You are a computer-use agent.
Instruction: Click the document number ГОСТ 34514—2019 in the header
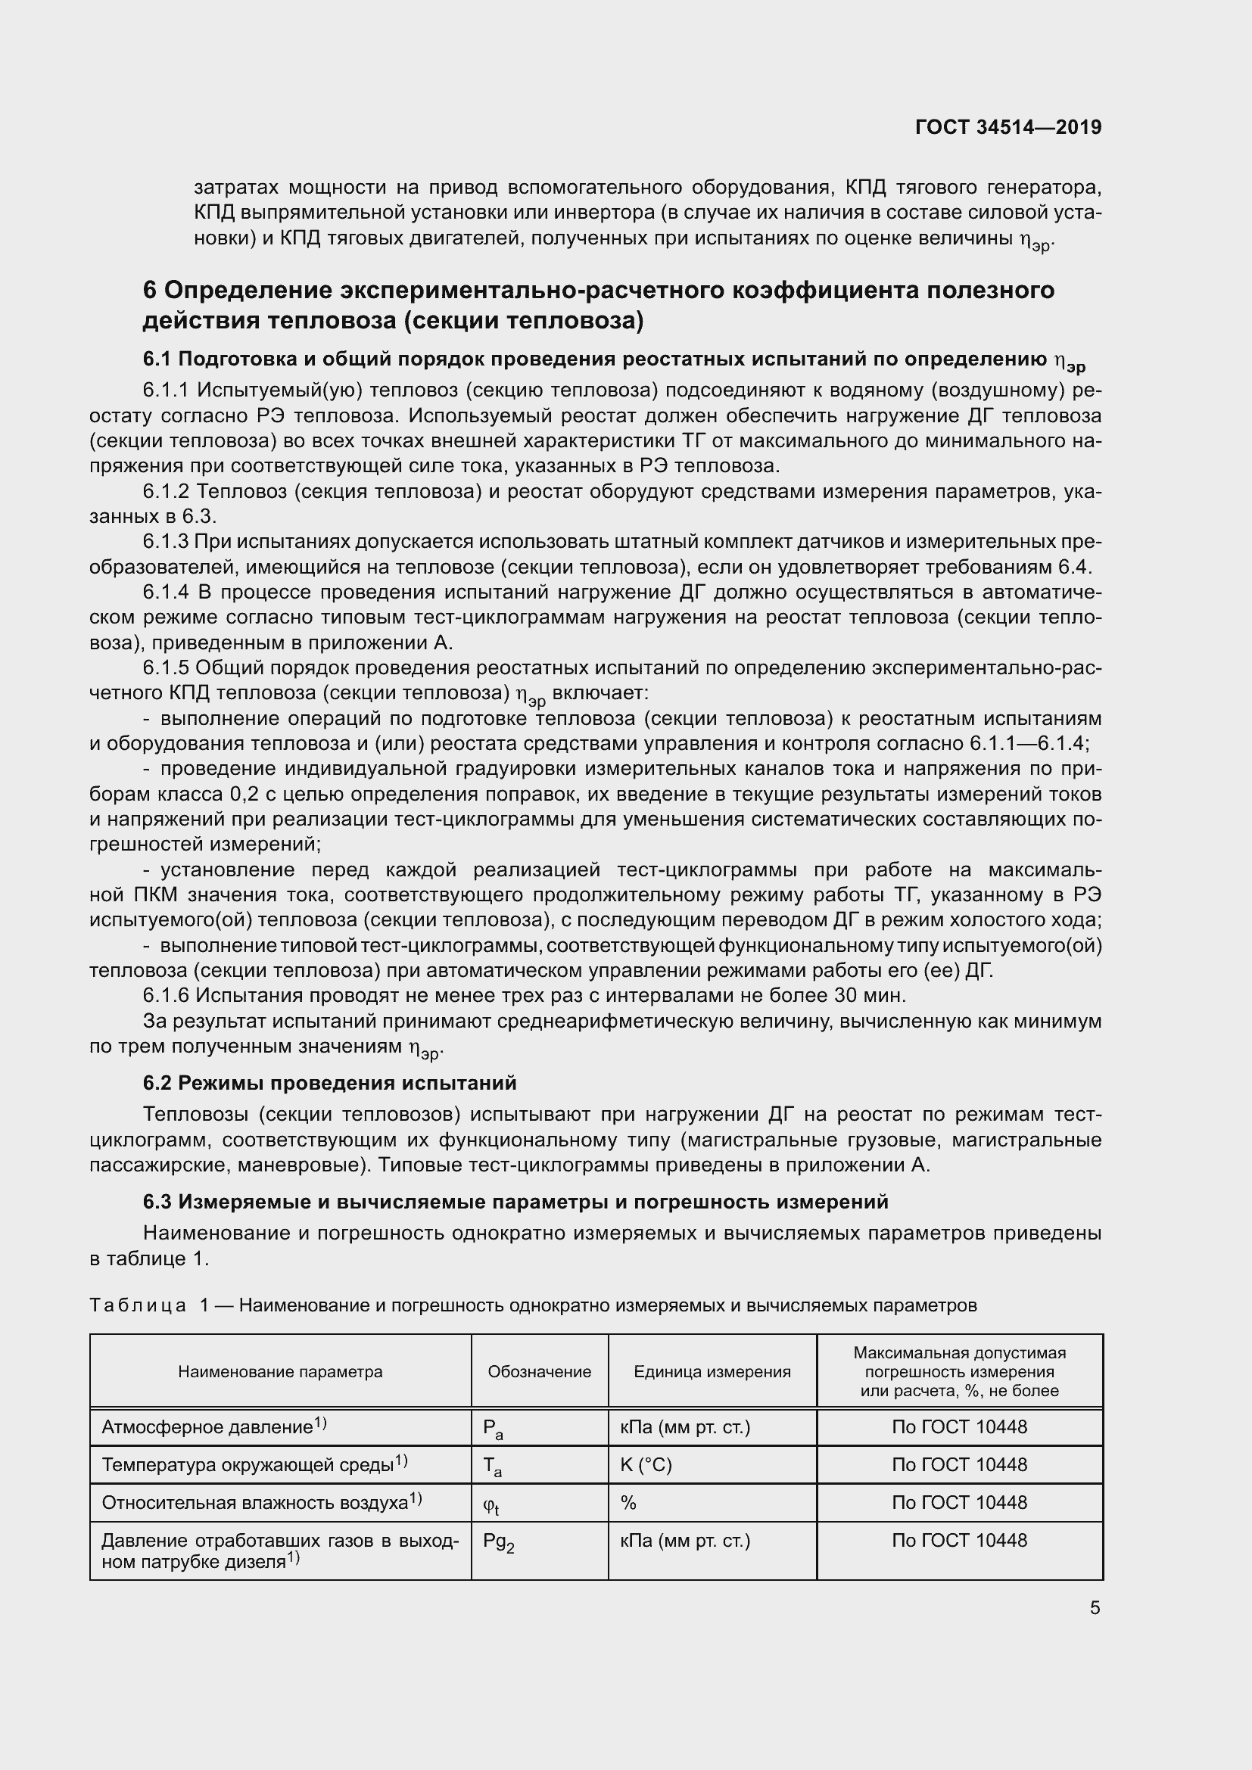pos(1008,127)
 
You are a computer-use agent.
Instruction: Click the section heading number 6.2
pos(158,1083)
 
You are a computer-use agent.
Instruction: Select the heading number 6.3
pos(158,1202)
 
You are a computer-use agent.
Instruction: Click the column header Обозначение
pos(539,1371)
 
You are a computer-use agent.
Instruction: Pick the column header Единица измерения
pos(712,1371)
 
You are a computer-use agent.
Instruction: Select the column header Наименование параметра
pos(280,1371)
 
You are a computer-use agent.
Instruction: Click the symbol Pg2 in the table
pos(498,1541)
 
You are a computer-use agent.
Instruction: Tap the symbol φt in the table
pos(491,1504)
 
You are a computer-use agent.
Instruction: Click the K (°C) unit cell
pos(645,1465)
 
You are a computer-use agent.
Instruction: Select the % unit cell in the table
pos(628,1503)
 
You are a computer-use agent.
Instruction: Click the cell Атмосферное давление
pos(207,1427)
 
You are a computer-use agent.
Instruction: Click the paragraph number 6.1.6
pos(166,996)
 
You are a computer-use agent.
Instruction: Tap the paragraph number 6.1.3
pos(166,542)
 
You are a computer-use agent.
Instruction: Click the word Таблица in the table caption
pos(137,1305)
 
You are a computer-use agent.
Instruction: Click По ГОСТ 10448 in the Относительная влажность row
pos(959,1503)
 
